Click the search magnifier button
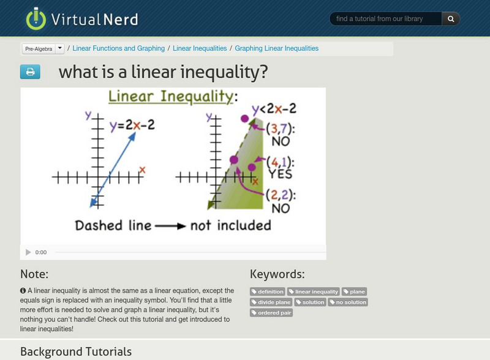[451, 19]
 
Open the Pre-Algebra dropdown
[59, 48]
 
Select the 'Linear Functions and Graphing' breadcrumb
[119, 48]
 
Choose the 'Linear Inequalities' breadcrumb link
[200, 48]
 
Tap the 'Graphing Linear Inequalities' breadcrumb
[276, 48]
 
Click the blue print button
[30, 72]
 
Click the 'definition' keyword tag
[268, 292]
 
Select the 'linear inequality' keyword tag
[314, 292]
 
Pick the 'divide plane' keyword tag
[271, 302]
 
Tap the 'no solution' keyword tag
[348, 302]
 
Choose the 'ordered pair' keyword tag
[271, 313]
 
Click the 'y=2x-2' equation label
[132, 125]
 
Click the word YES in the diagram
[281, 174]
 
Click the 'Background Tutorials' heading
[76, 351]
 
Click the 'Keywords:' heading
[277, 274]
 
